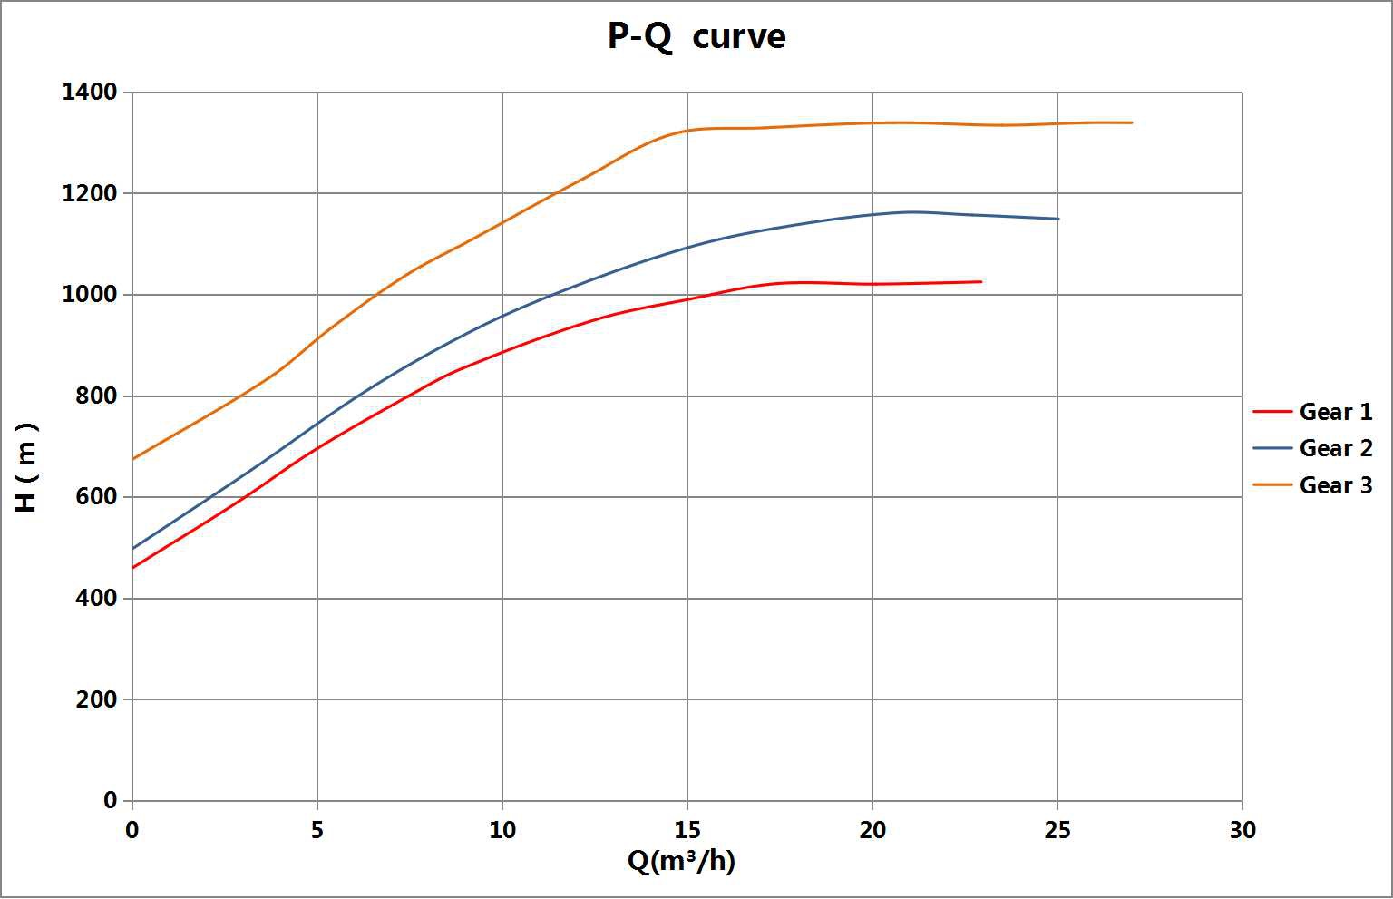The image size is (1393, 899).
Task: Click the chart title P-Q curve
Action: click(x=696, y=37)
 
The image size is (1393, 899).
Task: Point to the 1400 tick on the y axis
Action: click(x=90, y=93)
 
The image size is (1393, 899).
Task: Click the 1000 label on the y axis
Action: click(x=90, y=295)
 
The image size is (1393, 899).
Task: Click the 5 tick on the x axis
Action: click(x=317, y=830)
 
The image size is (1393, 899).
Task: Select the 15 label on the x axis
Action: click(x=687, y=830)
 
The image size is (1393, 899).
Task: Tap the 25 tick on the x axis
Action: click(x=1057, y=830)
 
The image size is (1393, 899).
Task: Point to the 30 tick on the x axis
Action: click(x=1242, y=830)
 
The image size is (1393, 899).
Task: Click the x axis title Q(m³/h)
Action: click(x=681, y=860)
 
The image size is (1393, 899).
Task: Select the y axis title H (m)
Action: click(x=27, y=467)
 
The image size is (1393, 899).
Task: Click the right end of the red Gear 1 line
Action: click(x=981, y=282)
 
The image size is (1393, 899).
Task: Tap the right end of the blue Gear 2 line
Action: click(x=1057, y=219)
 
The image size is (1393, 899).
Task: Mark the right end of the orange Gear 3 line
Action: click(x=1131, y=122)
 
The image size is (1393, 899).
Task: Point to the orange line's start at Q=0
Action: click(x=133, y=459)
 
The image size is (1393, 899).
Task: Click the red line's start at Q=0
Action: click(x=133, y=568)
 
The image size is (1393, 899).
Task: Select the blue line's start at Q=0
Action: click(x=133, y=548)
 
